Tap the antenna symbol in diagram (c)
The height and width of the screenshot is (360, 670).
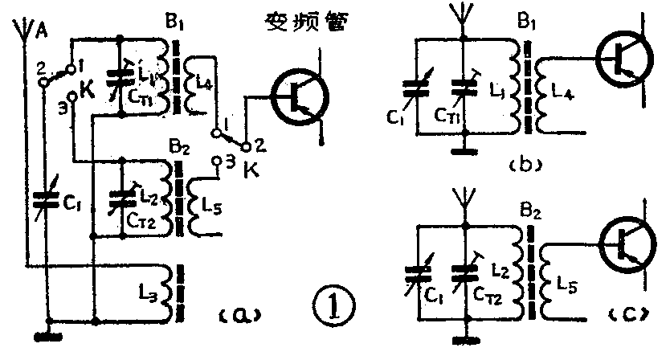coord(464,198)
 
